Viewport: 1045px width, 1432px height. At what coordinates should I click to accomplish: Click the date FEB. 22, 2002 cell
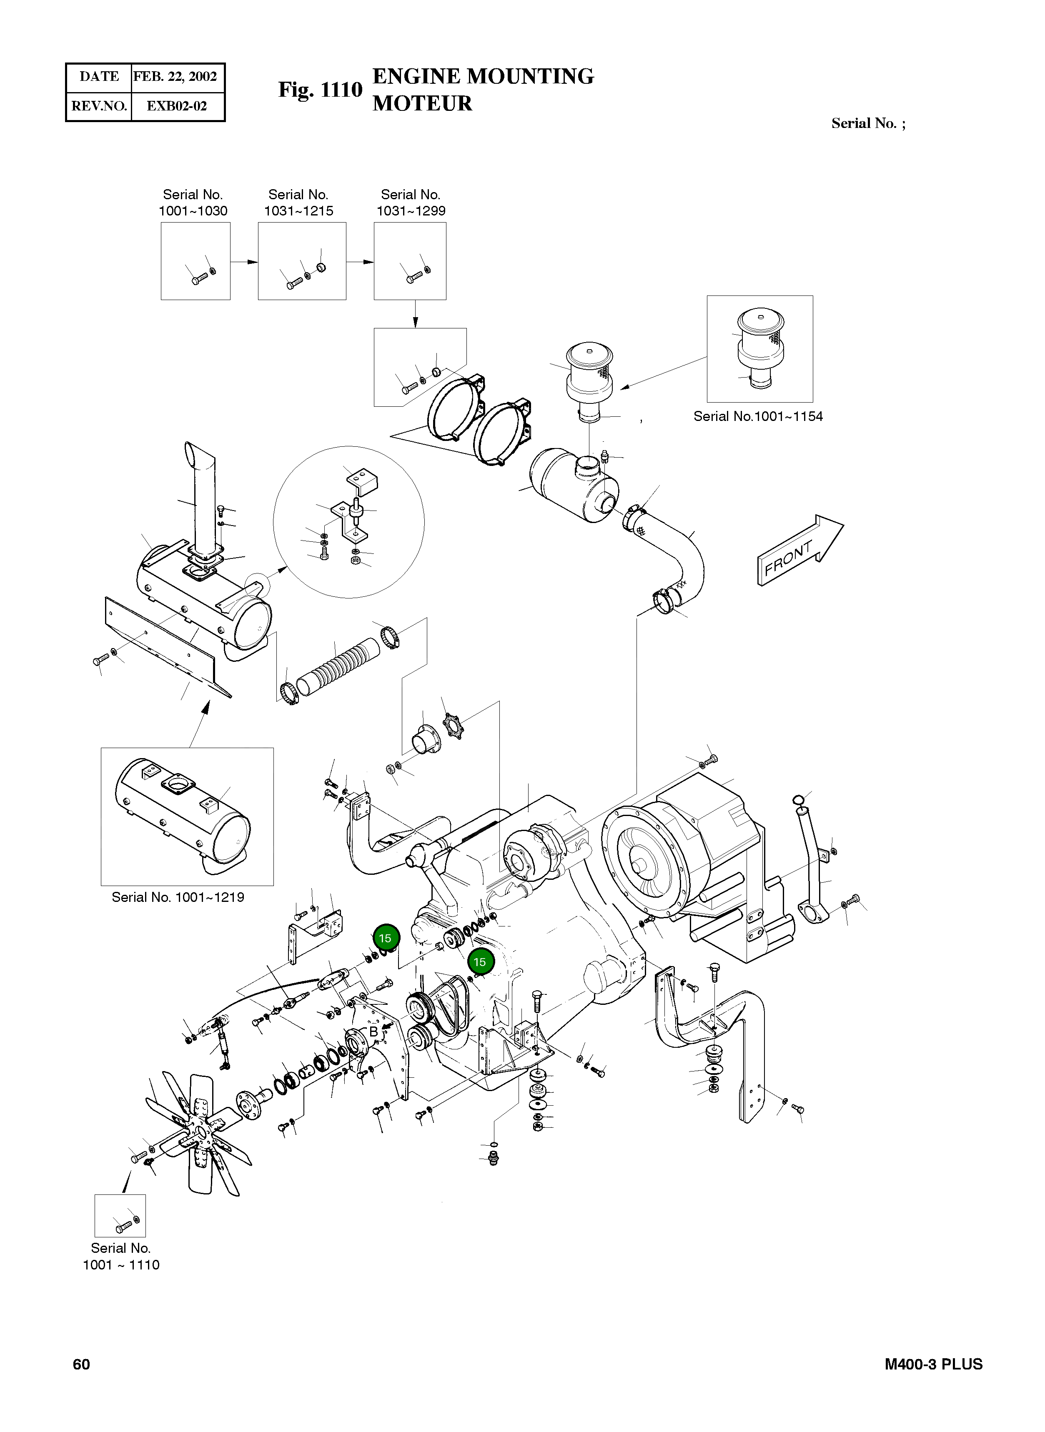click(175, 77)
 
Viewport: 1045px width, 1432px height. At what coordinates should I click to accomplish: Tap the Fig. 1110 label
click(320, 90)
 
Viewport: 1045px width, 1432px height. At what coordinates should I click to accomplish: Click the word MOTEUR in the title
click(422, 103)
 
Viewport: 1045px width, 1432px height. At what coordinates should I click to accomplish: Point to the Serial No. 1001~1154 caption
click(757, 416)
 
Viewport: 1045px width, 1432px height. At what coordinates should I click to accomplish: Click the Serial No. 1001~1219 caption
click(178, 897)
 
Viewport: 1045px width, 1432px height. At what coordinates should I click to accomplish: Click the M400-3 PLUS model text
click(933, 1364)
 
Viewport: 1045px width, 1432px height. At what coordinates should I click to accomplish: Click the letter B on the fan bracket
click(373, 1031)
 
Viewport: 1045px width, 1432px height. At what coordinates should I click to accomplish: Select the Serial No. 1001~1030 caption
click(193, 203)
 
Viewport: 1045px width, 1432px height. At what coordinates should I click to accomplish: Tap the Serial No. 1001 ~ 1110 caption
click(121, 1256)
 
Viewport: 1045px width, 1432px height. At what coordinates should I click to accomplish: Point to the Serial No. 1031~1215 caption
click(298, 203)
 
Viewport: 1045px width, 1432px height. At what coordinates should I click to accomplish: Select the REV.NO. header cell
click(99, 105)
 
